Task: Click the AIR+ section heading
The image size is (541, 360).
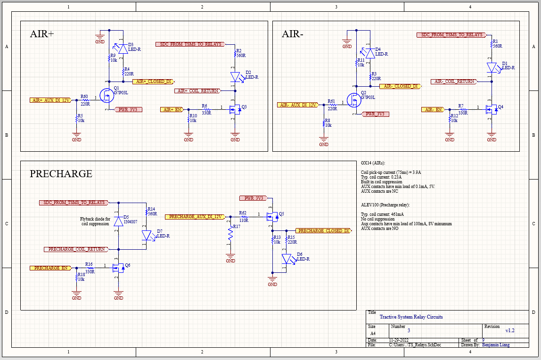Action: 42,34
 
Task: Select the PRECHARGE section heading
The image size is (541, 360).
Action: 61,174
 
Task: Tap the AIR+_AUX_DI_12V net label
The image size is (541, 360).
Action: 50,100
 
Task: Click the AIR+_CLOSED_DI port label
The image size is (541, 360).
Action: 153,82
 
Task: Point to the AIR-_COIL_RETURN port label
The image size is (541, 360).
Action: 454,82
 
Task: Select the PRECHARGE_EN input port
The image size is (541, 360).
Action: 50,268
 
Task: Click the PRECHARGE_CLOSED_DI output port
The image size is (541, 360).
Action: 323,231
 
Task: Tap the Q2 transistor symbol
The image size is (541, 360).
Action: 354,100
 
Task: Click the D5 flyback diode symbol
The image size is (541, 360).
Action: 118,222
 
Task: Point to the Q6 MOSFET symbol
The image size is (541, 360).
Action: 118,268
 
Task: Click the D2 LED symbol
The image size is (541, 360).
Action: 235,76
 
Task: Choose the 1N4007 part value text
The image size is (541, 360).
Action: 131,221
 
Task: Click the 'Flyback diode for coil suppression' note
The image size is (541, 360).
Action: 96,221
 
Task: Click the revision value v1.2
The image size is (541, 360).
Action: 510,330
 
